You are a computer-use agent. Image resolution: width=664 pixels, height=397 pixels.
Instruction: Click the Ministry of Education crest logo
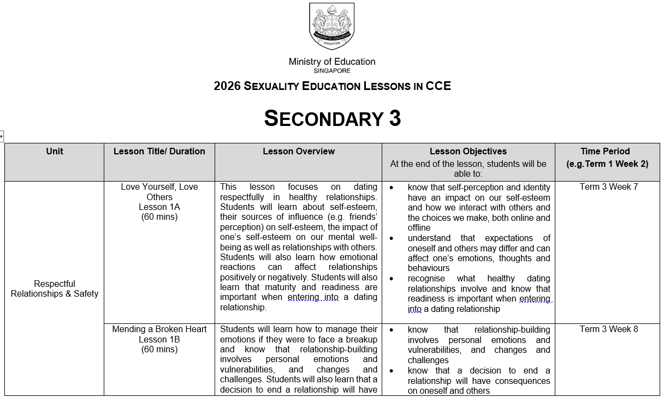[x=332, y=26]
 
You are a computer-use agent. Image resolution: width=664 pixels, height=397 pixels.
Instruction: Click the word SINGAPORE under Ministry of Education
[x=332, y=71]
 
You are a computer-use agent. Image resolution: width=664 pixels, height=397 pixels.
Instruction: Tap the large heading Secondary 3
[x=332, y=118]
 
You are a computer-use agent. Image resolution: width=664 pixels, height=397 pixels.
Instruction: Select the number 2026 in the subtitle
[x=227, y=86]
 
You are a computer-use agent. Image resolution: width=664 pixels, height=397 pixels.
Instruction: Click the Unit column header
[x=55, y=152]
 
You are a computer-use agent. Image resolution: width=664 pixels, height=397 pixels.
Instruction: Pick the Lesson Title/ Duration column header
[x=159, y=152]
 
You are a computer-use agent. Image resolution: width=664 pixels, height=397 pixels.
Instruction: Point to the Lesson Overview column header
[x=299, y=152]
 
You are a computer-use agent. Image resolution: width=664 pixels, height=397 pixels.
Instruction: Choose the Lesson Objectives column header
[x=468, y=152]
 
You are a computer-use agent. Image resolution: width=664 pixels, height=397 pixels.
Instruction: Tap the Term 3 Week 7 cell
[x=608, y=187]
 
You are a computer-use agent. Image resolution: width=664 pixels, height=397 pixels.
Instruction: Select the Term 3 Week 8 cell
[x=608, y=329]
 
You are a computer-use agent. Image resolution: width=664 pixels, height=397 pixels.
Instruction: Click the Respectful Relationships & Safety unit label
[x=55, y=289]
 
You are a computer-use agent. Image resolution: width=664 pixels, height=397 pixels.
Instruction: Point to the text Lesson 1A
[x=159, y=207]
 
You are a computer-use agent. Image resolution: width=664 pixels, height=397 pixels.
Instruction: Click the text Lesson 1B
[x=159, y=340]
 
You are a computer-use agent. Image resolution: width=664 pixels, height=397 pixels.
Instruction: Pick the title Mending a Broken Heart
[x=159, y=329]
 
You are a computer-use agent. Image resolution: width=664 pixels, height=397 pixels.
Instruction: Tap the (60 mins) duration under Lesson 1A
[x=159, y=217]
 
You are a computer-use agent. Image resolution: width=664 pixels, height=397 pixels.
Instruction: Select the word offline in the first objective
[x=419, y=228]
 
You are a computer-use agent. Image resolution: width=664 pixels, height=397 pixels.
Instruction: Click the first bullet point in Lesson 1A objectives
[x=392, y=188]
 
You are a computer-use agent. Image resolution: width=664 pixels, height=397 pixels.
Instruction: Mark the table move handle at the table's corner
[x=2, y=136]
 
